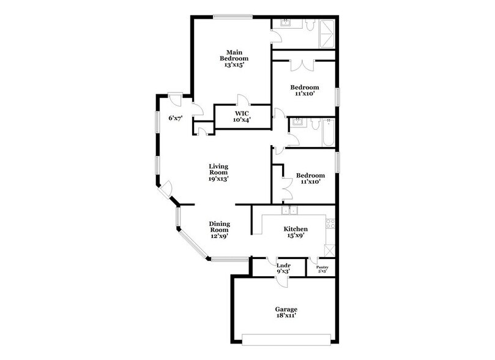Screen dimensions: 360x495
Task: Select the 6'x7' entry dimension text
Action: point(176,118)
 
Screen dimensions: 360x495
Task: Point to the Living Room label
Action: point(218,173)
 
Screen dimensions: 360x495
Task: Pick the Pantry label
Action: point(322,268)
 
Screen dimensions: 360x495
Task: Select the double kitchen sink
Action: point(289,211)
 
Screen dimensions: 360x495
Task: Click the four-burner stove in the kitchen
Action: point(330,223)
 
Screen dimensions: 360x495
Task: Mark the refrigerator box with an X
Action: point(330,250)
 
